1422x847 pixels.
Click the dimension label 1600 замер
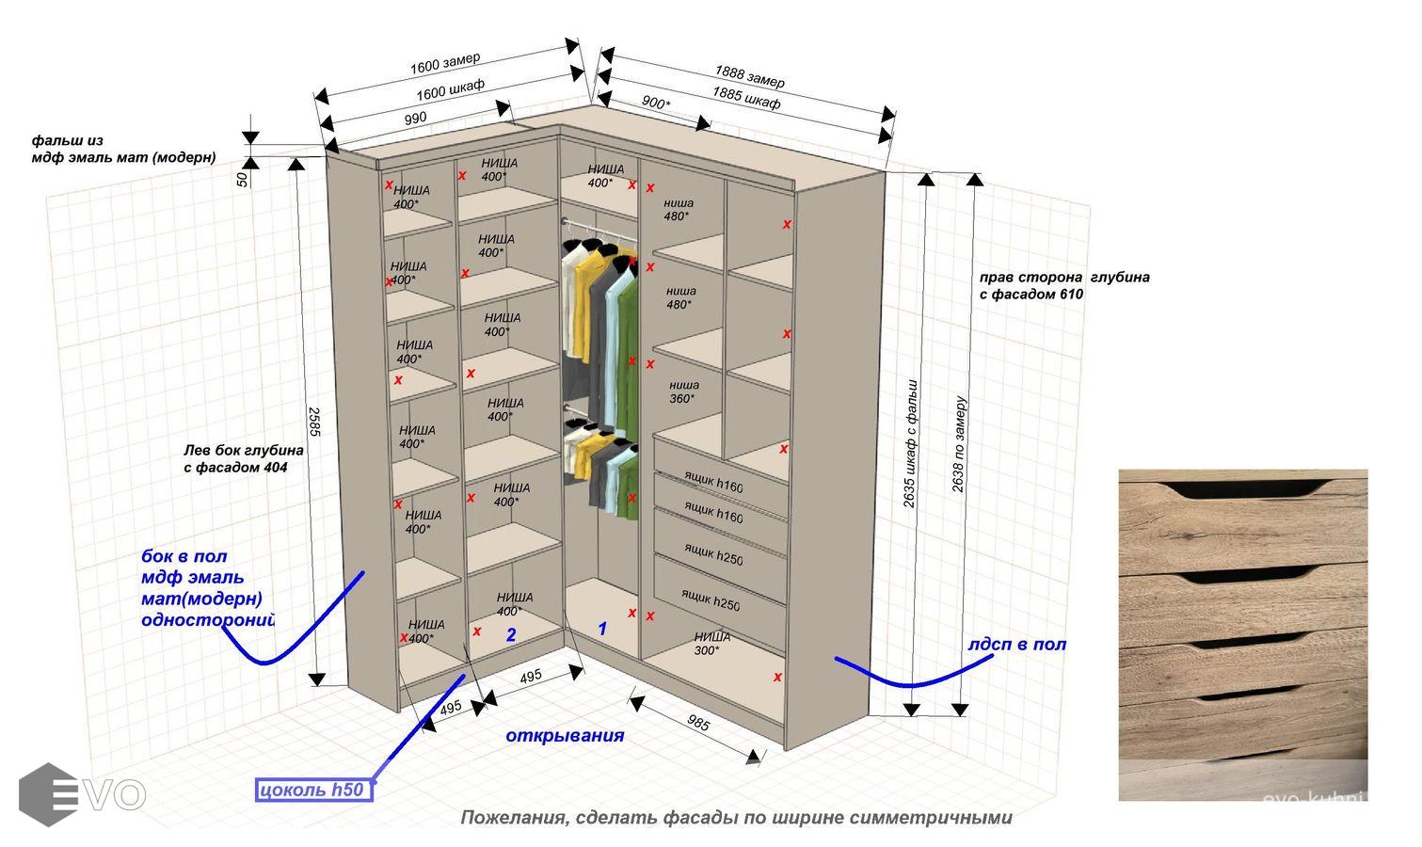pyautogui.click(x=444, y=64)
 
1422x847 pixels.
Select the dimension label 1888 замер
pyautogui.click(x=749, y=76)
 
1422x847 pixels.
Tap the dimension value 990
pyautogui.click(x=415, y=119)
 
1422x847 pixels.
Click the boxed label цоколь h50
pyautogui.click(x=315, y=790)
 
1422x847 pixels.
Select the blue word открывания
pyautogui.click(x=565, y=735)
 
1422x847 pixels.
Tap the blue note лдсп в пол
pyautogui.click(x=1016, y=645)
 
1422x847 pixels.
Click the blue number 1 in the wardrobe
pyautogui.click(x=603, y=628)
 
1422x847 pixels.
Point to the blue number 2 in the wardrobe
pyautogui.click(x=511, y=635)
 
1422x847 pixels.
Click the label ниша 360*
pyautogui.click(x=684, y=392)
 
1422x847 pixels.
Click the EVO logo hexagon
pyautogui.click(x=47, y=794)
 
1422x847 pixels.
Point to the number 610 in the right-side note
pyautogui.click(x=1069, y=295)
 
